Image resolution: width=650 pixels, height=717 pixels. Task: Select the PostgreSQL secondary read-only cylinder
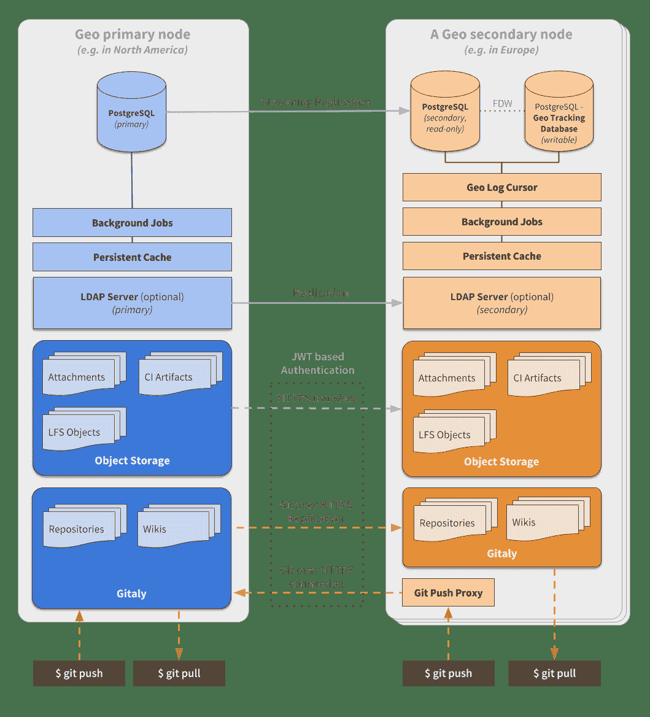[x=445, y=113]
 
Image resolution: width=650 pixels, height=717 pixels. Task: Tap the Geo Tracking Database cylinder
[x=559, y=113]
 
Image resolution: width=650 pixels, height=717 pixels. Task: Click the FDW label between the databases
[x=503, y=104]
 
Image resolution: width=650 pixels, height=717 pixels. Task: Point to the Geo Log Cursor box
[x=501, y=187]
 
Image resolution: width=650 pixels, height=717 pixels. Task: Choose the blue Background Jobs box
[x=132, y=223]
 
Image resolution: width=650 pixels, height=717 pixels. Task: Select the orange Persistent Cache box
[x=501, y=256]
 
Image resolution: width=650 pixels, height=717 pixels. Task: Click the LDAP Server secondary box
[x=501, y=303]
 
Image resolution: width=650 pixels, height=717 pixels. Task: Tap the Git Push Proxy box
[x=448, y=593]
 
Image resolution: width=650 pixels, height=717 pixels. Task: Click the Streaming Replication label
[x=315, y=102]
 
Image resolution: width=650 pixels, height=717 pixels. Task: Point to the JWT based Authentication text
[x=317, y=363]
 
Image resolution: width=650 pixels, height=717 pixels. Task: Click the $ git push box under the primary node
[x=79, y=673]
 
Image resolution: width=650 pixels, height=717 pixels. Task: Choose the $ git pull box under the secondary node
[x=554, y=673]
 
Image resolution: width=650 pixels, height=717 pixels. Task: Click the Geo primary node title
[x=133, y=35]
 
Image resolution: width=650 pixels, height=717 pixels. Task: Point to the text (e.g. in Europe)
[x=501, y=50]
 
